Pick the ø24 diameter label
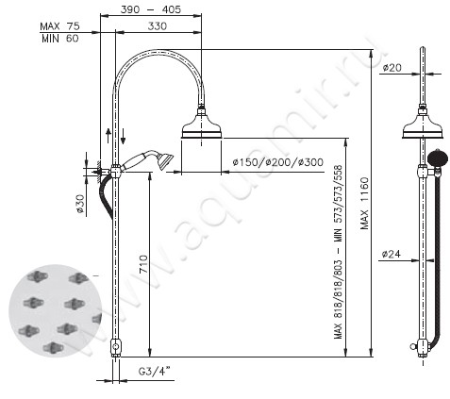point(394,253)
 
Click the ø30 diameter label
point(81,203)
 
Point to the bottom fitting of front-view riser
point(115,347)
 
